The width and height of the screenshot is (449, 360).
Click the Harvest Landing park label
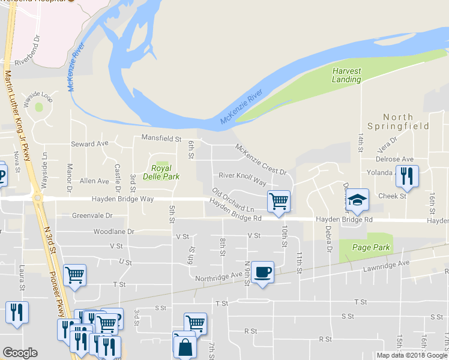tap(346, 75)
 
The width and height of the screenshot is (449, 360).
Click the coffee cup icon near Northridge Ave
tap(262, 273)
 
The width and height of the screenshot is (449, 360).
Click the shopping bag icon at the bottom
tap(184, 346)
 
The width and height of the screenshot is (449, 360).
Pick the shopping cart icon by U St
tap(75, 276)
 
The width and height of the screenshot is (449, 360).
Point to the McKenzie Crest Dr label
tap(261, 159)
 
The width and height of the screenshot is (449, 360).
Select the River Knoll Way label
tap(242, 178)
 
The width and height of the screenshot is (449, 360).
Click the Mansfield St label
tap(161, 138)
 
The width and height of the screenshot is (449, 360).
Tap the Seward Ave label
tap(89, 144)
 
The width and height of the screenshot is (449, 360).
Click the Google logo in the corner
tap(20, 353)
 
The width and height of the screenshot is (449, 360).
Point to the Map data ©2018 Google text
tap(412, 355)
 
